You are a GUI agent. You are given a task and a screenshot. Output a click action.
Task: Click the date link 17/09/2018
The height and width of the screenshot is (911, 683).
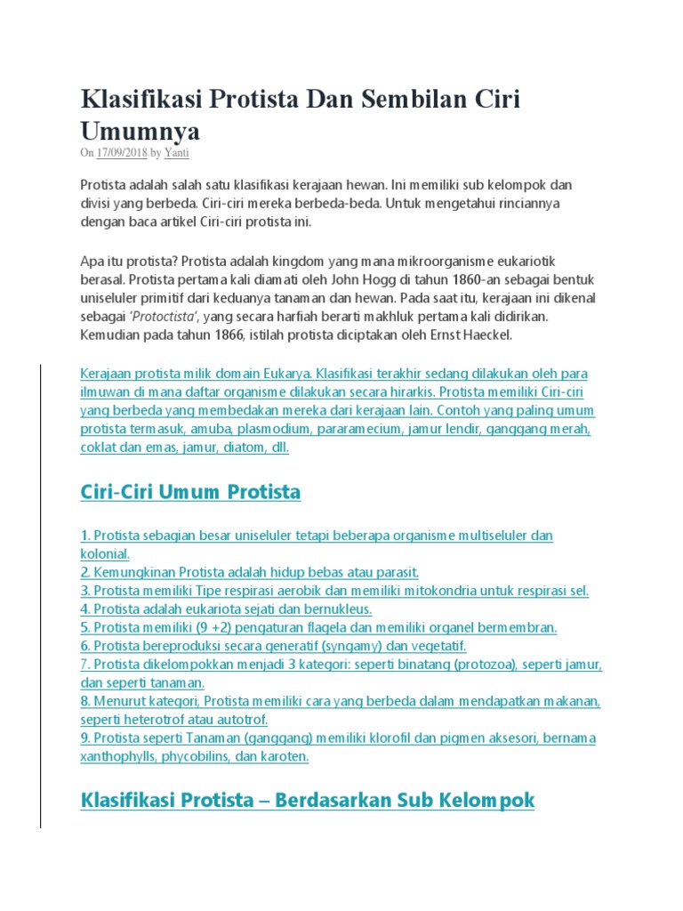(x=122, y=153)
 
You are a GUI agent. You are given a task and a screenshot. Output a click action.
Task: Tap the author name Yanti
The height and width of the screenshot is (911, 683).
(x=177, y=153)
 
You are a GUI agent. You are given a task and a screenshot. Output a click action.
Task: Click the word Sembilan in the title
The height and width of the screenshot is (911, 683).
(x=414, y=99)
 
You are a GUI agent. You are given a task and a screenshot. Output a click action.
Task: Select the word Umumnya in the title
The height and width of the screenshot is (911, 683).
(x=141, y=131)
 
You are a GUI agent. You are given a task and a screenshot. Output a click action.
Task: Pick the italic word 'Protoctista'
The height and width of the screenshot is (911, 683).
(x=166, y=318)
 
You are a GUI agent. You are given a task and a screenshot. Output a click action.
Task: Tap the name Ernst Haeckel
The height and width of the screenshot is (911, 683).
(x=472, y=336)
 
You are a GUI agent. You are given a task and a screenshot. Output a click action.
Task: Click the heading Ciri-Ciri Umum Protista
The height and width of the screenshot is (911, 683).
(x=190, y=492)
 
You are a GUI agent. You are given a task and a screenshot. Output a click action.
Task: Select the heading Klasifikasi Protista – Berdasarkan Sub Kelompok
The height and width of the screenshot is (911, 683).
(x=308, y=800)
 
